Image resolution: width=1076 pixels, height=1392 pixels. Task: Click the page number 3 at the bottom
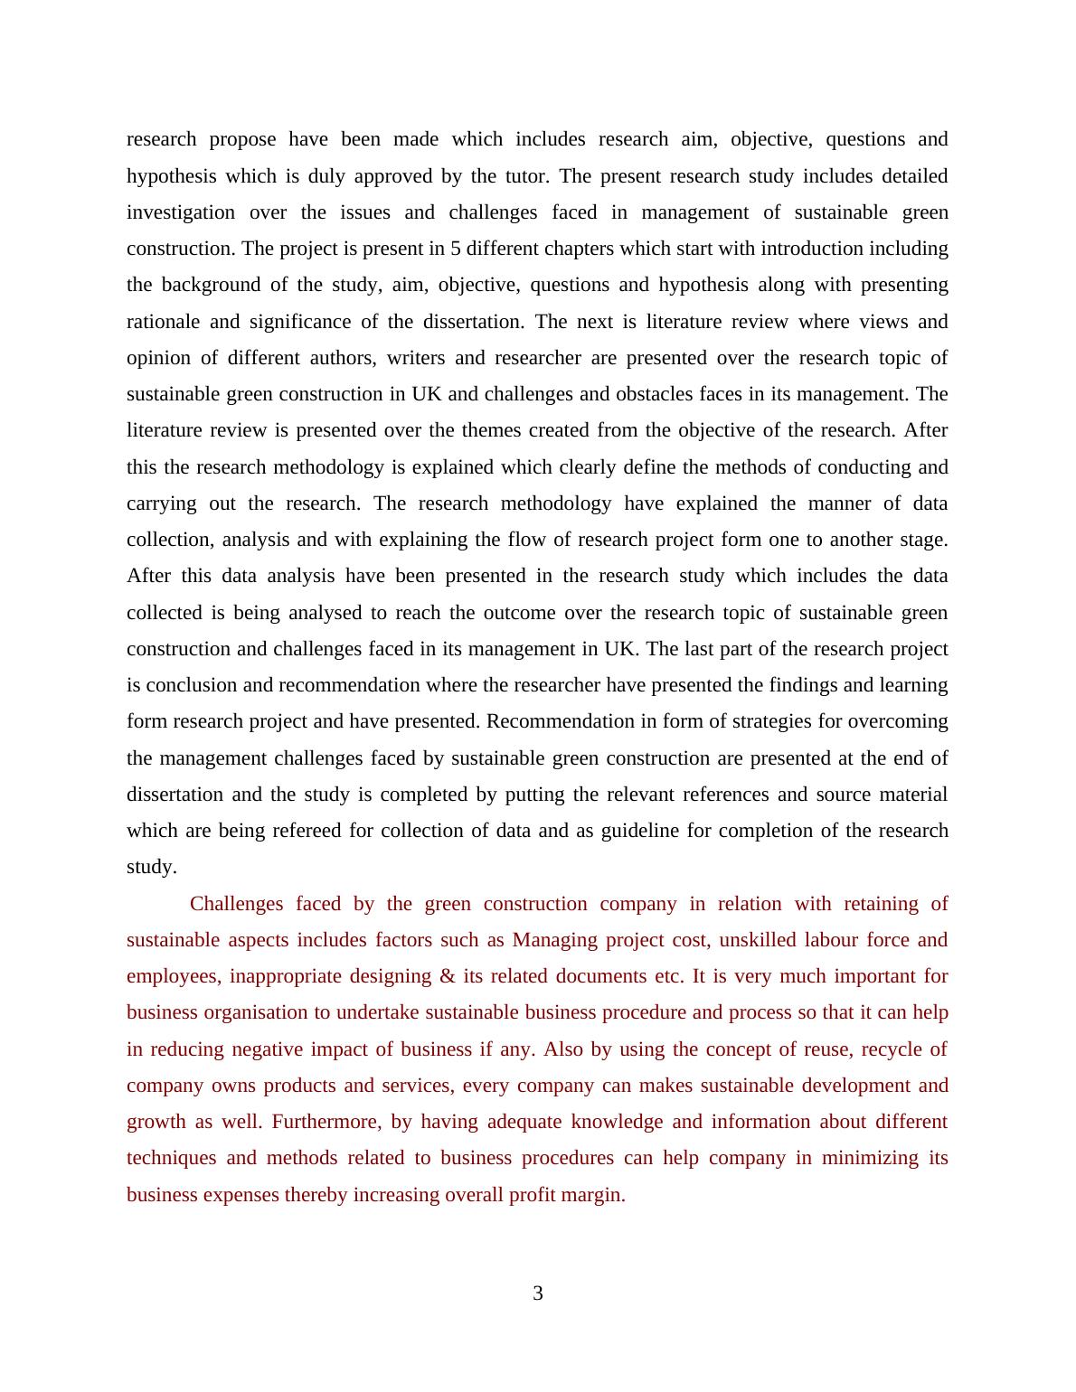point(538,1293)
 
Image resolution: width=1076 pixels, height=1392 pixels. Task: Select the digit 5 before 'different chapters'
point(455,249)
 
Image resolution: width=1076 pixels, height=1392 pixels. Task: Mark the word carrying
point(160,503)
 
